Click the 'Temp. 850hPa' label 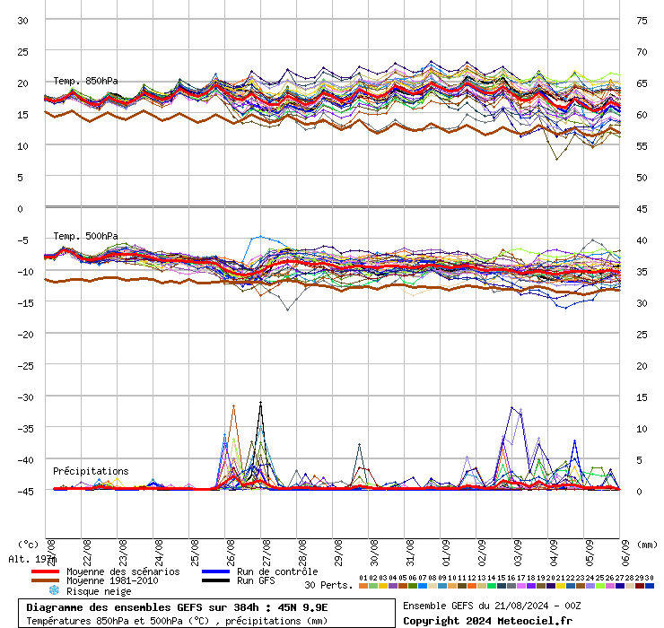pos(85,82)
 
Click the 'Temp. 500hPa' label pos(85,236)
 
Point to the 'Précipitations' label pos(91,471)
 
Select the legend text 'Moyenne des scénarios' pos(123,571)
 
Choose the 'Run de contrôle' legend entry pos(277,571)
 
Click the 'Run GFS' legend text pos(256,581)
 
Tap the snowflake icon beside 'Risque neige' pos(53,591)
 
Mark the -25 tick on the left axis pos(23,365)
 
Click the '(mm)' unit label pos(648,544)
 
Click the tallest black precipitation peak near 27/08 pos(261,403)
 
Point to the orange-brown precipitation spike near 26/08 pos(233,406)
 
